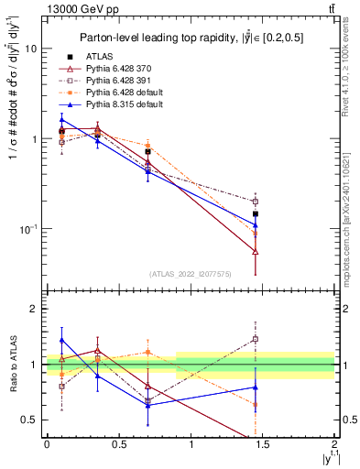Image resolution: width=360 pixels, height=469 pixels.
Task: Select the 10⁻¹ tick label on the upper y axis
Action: [27, 228]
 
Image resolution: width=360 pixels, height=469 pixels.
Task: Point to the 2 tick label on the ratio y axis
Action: [34, 310]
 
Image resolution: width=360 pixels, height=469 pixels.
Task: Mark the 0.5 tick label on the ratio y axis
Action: [30, 420]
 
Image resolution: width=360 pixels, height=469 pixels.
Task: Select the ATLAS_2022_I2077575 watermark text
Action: [190, 274]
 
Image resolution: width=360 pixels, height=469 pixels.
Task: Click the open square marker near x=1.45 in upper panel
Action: [256, 202]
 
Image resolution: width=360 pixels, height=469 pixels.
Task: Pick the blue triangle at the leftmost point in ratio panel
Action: [61, 340]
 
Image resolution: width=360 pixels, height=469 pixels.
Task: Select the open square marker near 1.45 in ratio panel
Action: [256, 339]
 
